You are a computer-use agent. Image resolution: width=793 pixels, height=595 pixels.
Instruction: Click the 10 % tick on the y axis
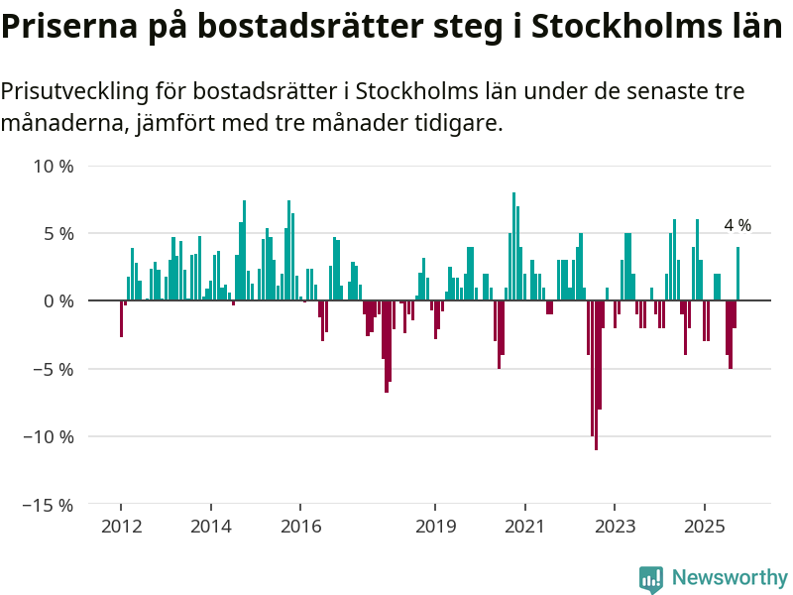pos(54,166)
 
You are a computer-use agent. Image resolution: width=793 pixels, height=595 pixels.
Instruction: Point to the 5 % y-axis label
pos(57,233)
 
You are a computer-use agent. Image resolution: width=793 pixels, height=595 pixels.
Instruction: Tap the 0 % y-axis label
pos(57,300)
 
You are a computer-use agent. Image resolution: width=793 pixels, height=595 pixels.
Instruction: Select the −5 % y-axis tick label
pos(54,369)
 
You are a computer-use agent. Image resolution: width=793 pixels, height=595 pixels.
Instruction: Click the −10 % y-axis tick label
pos(50,436)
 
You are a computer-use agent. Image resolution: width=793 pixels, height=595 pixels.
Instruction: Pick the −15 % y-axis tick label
pos(50,505)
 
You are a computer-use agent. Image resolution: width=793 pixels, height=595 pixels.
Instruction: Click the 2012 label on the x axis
pos(121,526)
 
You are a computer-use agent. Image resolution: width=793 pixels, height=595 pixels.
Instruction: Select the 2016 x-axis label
pos(301,526)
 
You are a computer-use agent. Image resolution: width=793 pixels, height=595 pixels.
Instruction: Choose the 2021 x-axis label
pos(525,526)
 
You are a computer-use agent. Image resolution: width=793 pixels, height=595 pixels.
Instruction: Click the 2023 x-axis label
pos(616,526)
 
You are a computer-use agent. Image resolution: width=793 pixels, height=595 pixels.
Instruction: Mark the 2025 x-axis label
pos(705,526)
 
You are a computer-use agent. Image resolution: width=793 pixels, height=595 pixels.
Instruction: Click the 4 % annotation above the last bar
pos(737,225)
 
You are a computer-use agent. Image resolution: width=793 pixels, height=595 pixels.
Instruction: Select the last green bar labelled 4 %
pos(737,274)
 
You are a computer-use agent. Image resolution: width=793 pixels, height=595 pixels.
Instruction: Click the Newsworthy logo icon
pos(651,579)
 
